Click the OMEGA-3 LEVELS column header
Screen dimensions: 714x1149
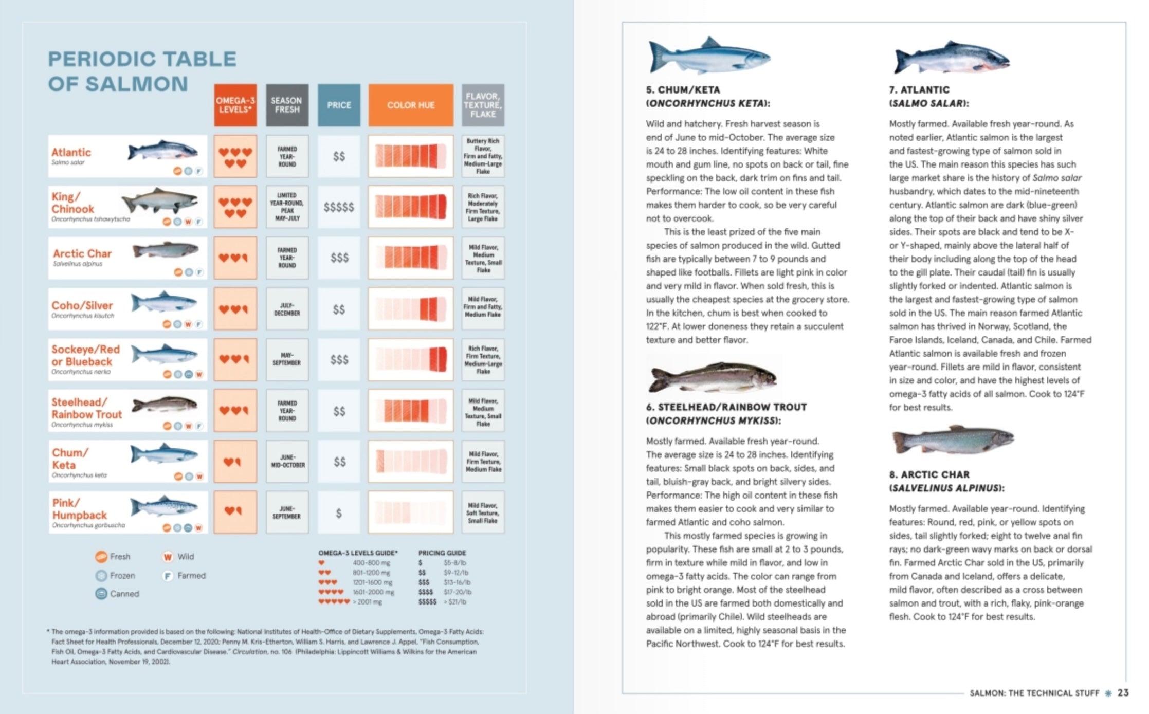click(235, 105)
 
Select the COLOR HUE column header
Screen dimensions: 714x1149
click(410, 105)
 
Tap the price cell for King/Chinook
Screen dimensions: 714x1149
click(338, 207)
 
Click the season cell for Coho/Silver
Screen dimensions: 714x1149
click(287, 309)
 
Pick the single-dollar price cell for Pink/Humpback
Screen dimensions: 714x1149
click(338, 512)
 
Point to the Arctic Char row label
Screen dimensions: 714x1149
click(82, 253)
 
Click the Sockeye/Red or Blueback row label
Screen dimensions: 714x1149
click(85, 355)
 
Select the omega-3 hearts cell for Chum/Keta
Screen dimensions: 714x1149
click(235, 462)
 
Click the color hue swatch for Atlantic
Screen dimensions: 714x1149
click(410, 156)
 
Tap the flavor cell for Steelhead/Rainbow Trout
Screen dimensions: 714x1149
click(483, 411)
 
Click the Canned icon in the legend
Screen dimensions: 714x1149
click(101, 594)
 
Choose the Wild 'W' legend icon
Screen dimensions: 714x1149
click(168, 557)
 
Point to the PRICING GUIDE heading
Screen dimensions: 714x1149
click(442, 553)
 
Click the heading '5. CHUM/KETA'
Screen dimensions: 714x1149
click(683, 90)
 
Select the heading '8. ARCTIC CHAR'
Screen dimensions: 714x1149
click(929, 474)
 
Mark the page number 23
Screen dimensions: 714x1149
click(1123, 692)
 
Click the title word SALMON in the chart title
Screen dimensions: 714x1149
click(136, 84)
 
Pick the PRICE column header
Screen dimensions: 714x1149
click(338, 105)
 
